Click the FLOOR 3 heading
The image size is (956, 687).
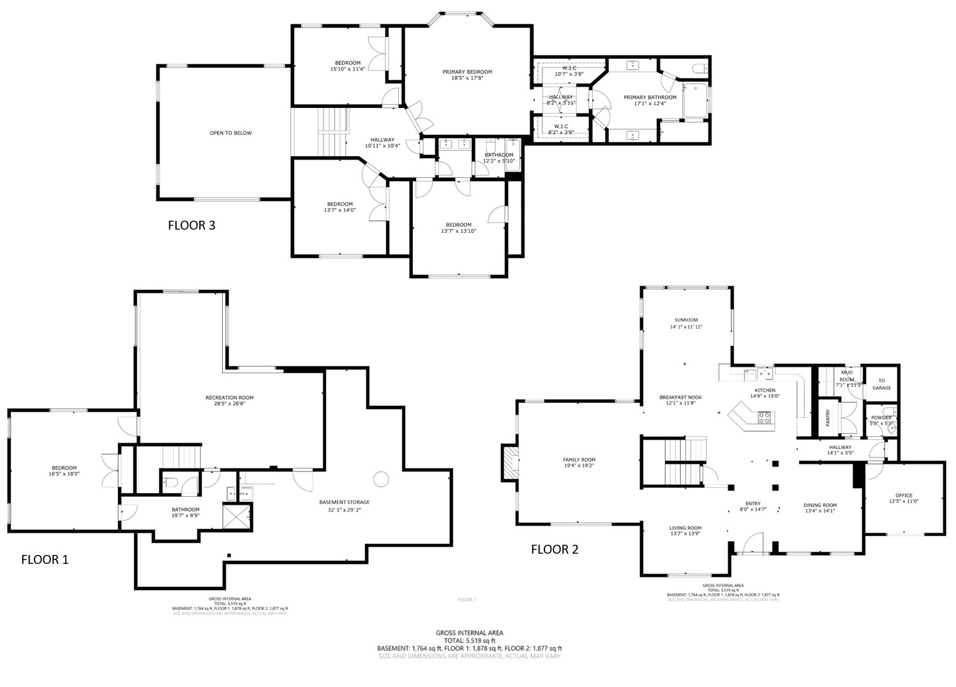(191, 225)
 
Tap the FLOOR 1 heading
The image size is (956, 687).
(45, 560)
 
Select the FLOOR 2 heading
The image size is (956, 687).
(555, 549)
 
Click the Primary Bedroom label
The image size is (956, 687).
(467, 72)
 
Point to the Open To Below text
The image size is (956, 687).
(230, 133)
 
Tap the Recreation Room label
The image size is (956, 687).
(229, 398)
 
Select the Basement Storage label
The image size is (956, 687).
(344, 502)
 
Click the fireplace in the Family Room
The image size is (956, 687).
(509, 462)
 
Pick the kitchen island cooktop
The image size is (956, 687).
(764, 418)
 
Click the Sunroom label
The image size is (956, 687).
(686, 320)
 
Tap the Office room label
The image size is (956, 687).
(904, 496)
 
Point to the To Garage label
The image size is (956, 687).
(881, 384)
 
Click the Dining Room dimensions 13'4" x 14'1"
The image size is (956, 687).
(819, 510)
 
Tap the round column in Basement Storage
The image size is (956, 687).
(381, 478)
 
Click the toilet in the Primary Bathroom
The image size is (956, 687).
(698, 68)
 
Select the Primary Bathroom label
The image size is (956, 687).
(650, 98)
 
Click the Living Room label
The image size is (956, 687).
(685, 528)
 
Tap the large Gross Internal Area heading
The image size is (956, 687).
(469, 633)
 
